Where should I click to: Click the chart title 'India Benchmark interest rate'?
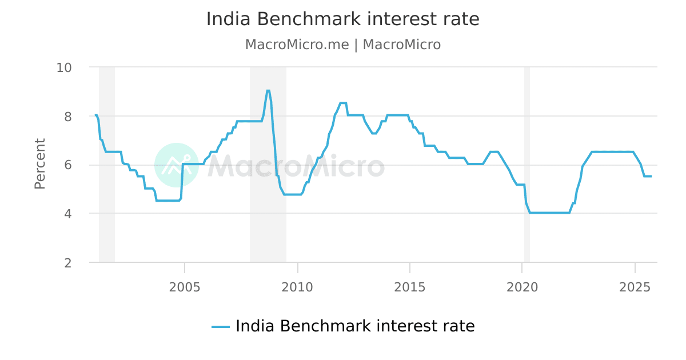(343, 19)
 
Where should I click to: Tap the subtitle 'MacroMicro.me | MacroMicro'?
(343, 45)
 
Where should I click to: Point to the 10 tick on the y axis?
(63, 67)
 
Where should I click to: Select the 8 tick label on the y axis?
(67, 116)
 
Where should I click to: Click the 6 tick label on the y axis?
(67, 165)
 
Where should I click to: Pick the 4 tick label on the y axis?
(67, 214)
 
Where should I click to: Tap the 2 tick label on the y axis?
(67, 263)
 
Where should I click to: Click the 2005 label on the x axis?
(185, 287)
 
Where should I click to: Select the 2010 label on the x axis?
(297, 287)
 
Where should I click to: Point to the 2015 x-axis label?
(410, 287)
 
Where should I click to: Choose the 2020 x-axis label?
(523, 287)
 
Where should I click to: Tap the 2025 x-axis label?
(635, 287)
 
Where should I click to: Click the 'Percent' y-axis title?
(40, 164)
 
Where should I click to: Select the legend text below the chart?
(355, 326)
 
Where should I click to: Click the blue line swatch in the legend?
(221, 327)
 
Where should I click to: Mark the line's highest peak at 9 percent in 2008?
(268, 90)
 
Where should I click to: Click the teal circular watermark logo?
(176, 165)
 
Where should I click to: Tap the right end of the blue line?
(651, 176)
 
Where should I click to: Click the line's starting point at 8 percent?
(95, 115)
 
